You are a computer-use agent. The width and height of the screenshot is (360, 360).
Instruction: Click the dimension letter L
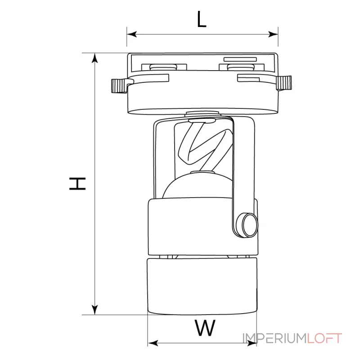[x=202, y=19]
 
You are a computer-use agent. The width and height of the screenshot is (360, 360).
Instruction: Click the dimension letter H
[x=77, y=184]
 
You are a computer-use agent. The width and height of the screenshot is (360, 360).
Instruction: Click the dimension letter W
[x=205, y=328]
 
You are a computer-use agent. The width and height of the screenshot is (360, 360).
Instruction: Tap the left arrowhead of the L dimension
[x=132, y=35]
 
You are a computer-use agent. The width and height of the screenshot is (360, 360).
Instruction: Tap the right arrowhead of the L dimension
[x=273, y=35]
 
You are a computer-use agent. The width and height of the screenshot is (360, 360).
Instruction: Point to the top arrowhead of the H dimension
[x=94, y=58]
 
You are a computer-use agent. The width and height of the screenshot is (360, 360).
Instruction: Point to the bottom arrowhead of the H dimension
[x=94, y=310]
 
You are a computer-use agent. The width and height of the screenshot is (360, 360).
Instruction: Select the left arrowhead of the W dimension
[x=153, y=343]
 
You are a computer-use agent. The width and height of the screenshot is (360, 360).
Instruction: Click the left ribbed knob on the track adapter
[x=119, y=86]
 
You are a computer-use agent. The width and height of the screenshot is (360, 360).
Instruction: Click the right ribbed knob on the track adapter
[x=284, y=83]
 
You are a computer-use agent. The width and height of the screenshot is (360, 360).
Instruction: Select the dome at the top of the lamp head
[x=197, y=186]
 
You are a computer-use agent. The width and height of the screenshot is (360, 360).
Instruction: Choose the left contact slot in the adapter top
[x=164, y=67]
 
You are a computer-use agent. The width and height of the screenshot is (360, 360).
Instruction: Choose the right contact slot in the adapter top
[x=242, y=67]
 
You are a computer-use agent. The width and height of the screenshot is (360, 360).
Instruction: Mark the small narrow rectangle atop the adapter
[x=240, y=59]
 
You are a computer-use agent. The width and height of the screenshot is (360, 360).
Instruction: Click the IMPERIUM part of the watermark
[x=275, y=338]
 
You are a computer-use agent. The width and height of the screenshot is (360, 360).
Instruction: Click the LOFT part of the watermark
[x=324, y=338]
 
